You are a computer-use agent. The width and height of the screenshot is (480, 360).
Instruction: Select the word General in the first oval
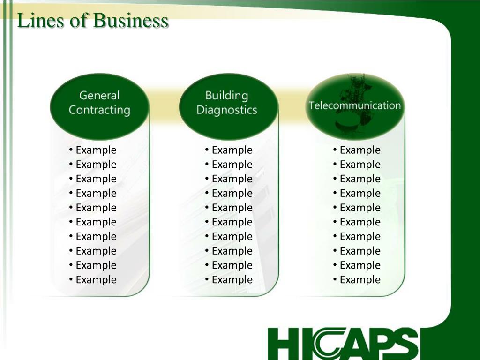[x=99, y=96]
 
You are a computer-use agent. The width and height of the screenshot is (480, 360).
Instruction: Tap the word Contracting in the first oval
[x=99, y=110]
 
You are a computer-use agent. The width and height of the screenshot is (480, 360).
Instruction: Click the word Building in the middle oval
[x=227, y=96]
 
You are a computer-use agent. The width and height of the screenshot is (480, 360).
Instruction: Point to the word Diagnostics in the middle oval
[x=227, y=110]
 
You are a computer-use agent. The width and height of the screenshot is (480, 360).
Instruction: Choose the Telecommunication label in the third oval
[x=355, y=105]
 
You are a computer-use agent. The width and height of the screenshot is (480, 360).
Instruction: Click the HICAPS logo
[x=343, y=344]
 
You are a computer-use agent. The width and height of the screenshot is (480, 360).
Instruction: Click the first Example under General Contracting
[x=96, y=150]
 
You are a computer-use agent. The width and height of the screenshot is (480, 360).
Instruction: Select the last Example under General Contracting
[x=96, y=280]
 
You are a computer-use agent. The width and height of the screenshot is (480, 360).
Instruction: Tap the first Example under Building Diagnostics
[x=232, y=150]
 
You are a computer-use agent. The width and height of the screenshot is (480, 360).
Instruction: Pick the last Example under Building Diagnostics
[x=232, y=280]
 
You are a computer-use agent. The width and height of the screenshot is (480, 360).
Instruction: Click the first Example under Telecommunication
[x=360, y=150]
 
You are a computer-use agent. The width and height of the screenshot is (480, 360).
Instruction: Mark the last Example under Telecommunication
[x=360, y=280]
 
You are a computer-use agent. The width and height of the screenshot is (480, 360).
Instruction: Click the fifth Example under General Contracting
[x=96, y=208]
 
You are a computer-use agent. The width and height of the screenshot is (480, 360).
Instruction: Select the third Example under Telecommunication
[x=360, y=179]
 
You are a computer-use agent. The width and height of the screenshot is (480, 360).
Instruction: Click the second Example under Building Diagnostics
[x=232, y=165]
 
